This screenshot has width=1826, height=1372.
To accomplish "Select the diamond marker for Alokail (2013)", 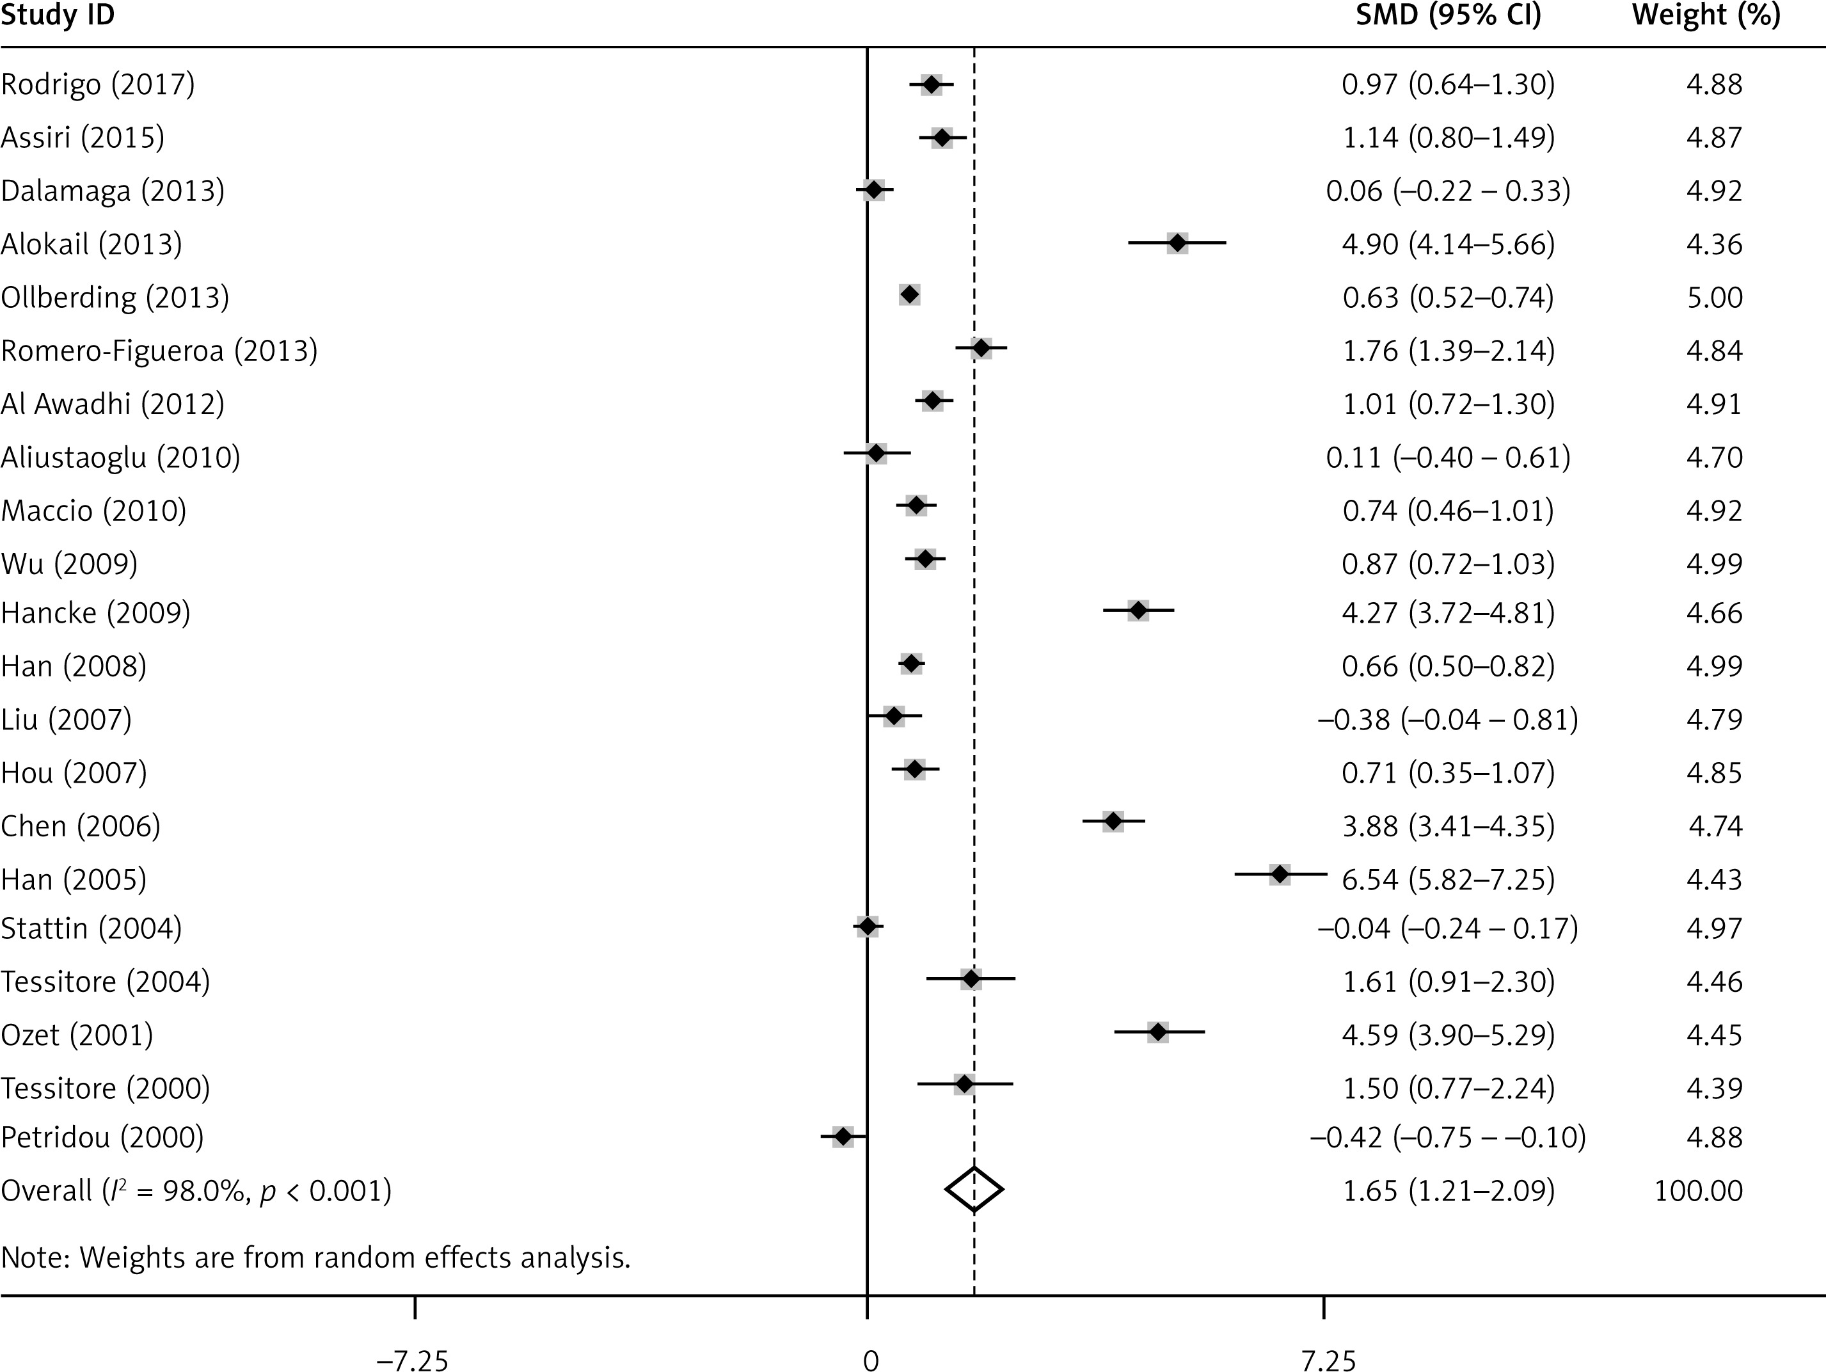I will pos(1177,244).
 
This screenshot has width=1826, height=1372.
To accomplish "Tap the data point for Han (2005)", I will pos(1280,874).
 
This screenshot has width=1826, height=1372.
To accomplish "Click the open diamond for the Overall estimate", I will pos(974,1190).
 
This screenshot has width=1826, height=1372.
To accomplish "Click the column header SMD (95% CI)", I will pos(1448,16).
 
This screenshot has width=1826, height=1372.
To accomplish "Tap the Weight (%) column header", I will pos(1706,16).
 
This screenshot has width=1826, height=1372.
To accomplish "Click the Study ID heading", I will pos(58,16).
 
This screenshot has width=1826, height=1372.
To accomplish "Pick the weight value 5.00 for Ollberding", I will pos(1715,297).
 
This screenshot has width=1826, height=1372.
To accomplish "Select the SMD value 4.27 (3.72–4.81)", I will pos(1448,613).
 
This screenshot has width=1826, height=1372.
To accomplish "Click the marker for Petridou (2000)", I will pos(842,1137).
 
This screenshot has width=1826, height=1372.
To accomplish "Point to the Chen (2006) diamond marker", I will pos(1113,822).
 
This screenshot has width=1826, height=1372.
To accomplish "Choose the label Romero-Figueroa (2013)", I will pos(159,351).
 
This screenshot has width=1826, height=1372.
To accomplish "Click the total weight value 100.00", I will pos(1698,1190).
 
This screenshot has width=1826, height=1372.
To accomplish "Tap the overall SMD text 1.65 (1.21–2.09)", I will pos(1448,1190).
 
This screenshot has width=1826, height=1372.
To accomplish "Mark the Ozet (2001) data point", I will pos(1158,1032).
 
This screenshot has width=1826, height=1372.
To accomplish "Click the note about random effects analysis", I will pos(315,1257).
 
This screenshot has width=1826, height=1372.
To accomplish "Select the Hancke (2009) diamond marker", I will pos(1138,611).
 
